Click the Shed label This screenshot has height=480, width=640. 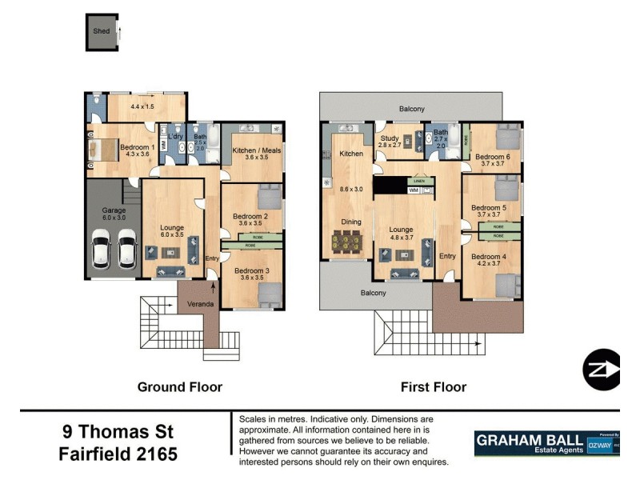pyautogui.click(x=101, y=32)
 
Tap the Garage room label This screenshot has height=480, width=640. pyautogui.click(x=113, y=210)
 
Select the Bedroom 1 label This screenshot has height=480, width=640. pyautogui.click(x=137, y=147)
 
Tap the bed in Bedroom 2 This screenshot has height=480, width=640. pyautogui.click(x=269, y=195)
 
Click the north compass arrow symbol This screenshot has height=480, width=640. pyautogui.click(x=602, y=370)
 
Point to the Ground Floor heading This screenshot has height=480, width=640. pyautogui.click(x=179, y=387)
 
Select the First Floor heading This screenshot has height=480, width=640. pyautogui.click(x=433, y=387)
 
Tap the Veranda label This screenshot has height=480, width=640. pyautogui.click(x=199, y=304)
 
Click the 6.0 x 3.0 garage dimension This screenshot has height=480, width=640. pyautogui.click(x=113, y=218)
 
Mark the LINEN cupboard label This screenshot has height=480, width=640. pyautogui.click(x=419, y=182)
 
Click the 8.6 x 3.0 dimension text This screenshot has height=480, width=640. pyautogui.click(x=351, y=189)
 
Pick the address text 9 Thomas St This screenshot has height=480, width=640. pyautogui.click(x=118, y=433)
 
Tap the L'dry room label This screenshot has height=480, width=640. pyautogui.click(x=176, y=136)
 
